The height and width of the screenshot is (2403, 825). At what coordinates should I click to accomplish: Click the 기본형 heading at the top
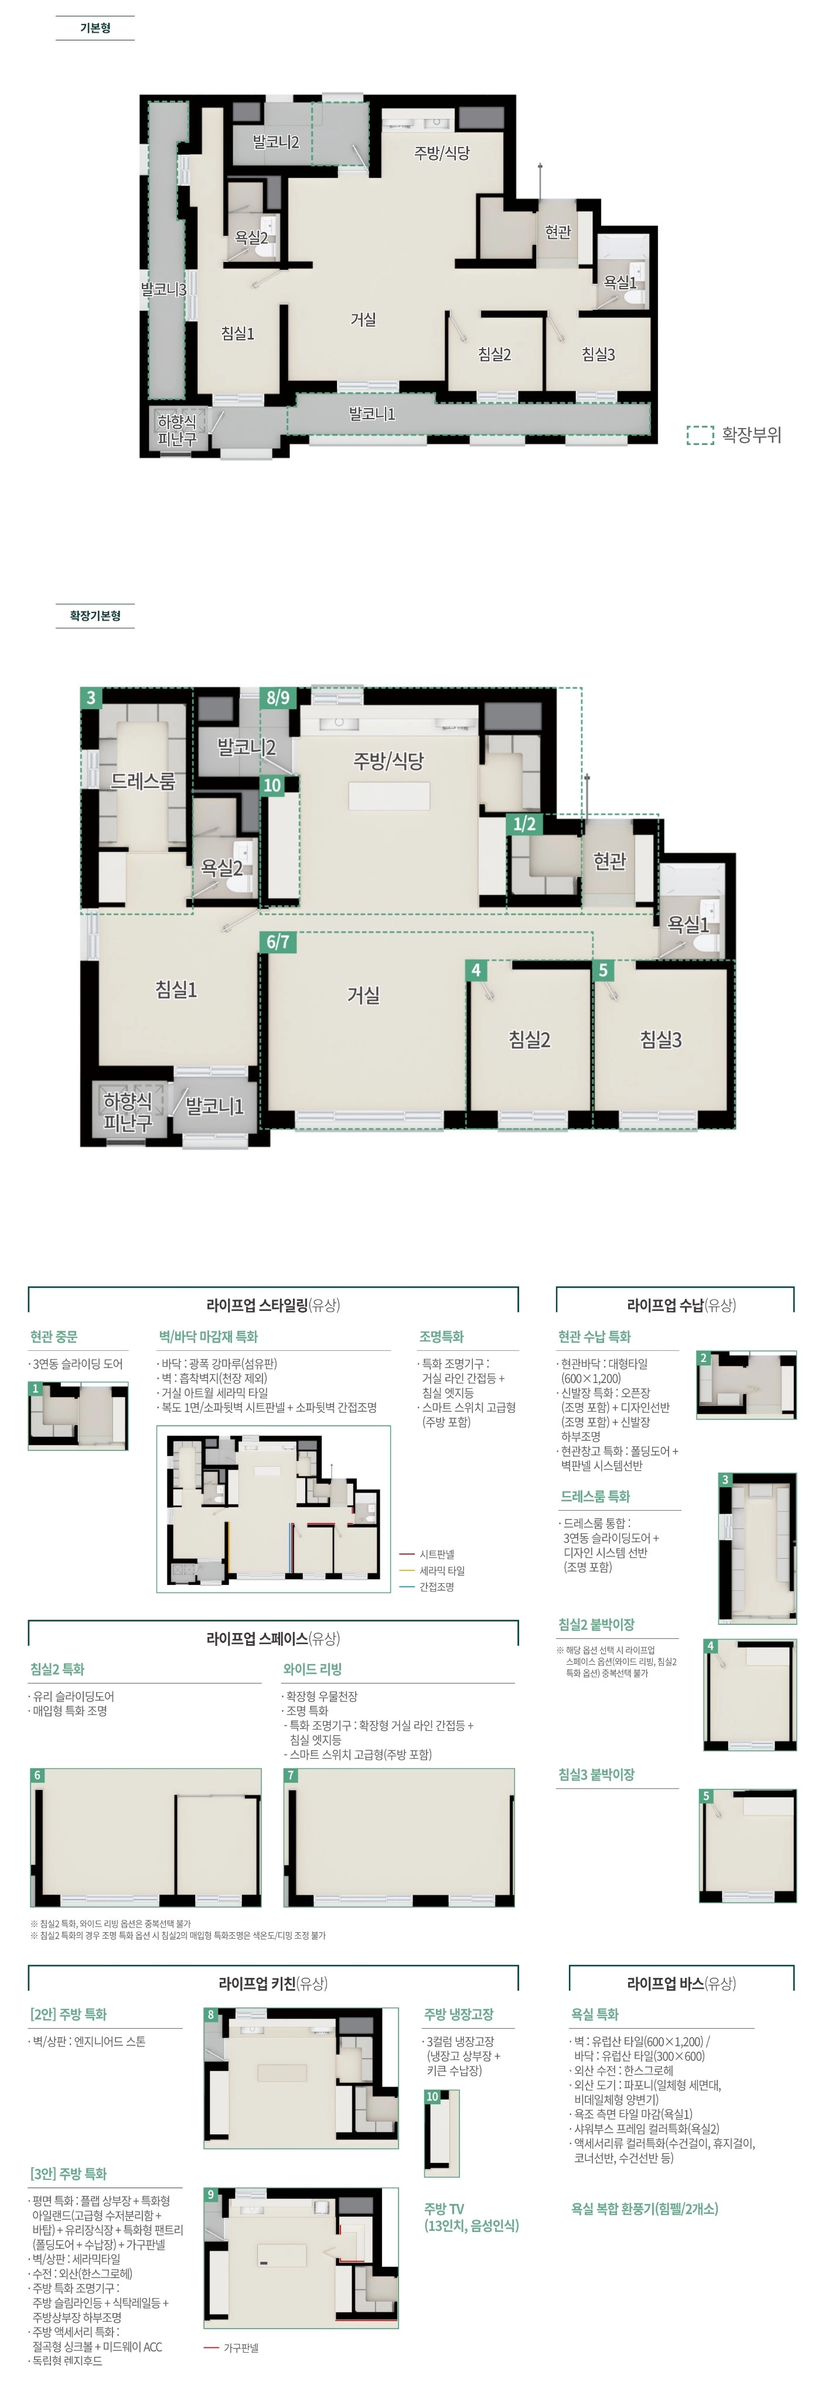coord(95,28)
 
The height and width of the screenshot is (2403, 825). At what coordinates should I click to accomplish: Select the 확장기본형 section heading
coord(95,615)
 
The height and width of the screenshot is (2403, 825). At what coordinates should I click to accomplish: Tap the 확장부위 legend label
coord(751,434)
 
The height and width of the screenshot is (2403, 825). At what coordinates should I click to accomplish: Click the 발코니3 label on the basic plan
coord(164,289)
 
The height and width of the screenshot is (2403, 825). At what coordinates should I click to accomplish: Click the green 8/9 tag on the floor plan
coord(278,698)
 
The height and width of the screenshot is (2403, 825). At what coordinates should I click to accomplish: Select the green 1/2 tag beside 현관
coord(524,824)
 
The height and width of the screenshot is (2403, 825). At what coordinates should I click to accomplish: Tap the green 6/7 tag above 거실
coord(278,942)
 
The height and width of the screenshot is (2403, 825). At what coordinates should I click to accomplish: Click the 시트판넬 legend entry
coord(437,1554)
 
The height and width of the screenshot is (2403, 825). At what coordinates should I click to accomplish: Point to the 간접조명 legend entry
coord(437,1587)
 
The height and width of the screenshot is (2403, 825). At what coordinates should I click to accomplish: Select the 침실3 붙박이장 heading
coord(596,1774)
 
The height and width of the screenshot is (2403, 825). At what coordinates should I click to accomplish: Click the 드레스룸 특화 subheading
coord(595,1496)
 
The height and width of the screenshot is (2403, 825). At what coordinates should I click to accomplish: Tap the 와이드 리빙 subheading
coord(313,1669)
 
